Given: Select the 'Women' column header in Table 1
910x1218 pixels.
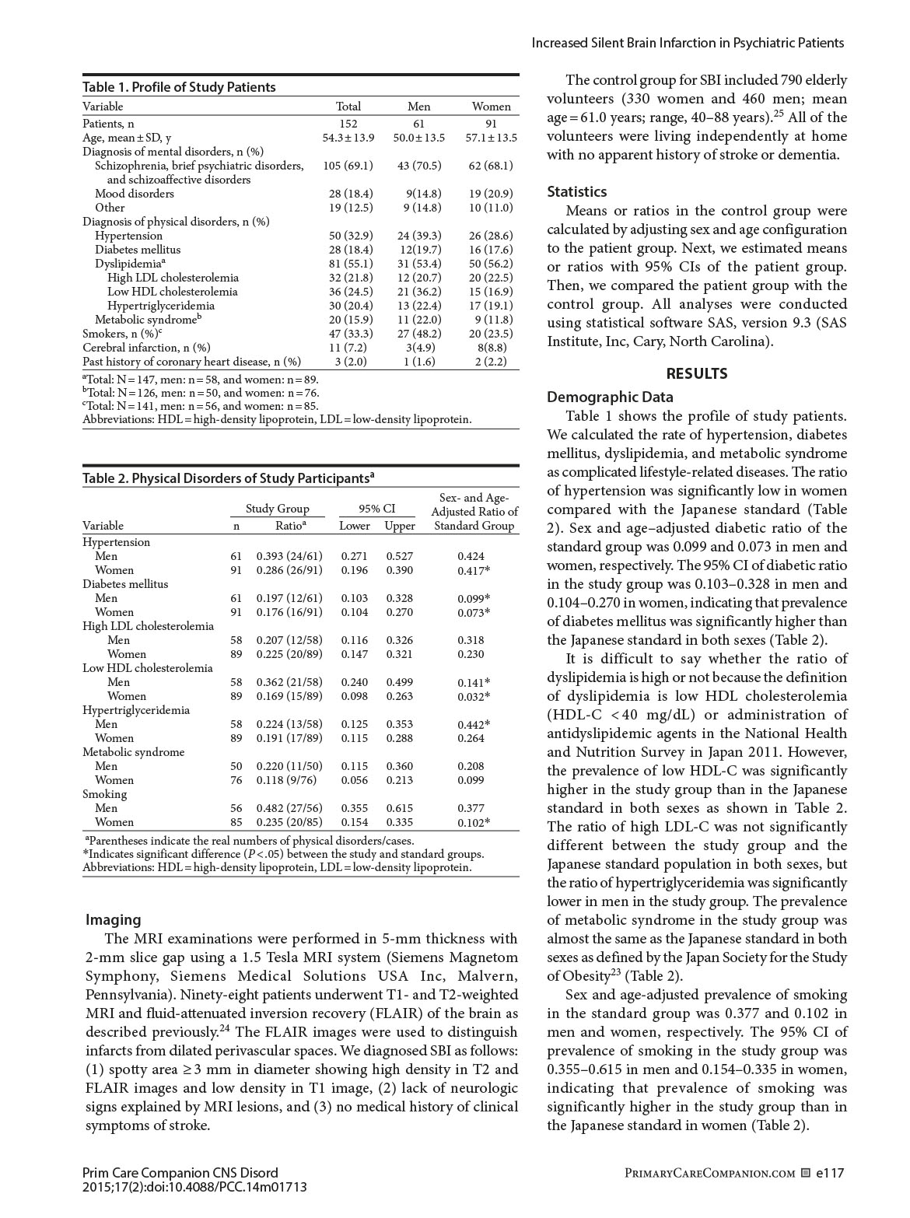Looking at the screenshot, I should (492, 107).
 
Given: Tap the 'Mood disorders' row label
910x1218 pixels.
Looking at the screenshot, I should (135, 194).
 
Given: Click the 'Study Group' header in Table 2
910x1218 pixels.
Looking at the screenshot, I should (277, 509).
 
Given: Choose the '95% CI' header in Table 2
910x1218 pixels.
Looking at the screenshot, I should (376, 509).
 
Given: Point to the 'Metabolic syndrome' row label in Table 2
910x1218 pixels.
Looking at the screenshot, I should (134, 752).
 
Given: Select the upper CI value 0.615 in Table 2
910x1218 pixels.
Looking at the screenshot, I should (400, 808).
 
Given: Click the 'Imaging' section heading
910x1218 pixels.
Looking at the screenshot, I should (114, 920).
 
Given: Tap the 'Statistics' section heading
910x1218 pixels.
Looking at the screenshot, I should (577, 191).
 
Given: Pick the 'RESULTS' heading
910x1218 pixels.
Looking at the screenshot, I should (697, 373).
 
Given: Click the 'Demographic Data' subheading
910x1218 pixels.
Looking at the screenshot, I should (610, 397).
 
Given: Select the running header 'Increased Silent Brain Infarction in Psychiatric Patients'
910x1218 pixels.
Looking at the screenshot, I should (688, 44).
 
